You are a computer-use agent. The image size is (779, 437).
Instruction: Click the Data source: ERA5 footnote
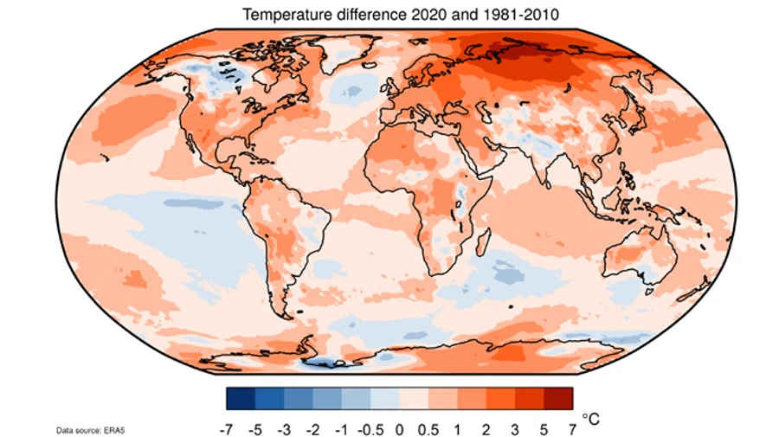click(x=87, y=429)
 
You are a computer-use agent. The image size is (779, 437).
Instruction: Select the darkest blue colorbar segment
click(x=241, y=397)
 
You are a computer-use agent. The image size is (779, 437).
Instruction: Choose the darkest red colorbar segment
click(x=558, y=397)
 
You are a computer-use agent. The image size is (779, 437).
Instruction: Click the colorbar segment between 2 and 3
click(x=500, y=397)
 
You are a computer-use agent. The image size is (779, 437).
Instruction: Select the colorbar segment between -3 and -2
click(x=299, y=397)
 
